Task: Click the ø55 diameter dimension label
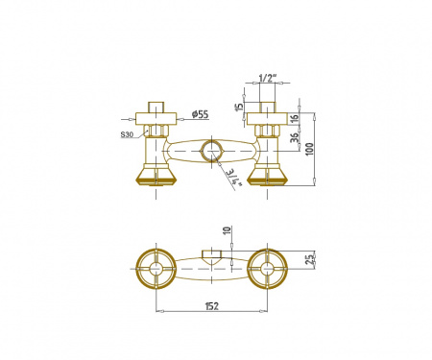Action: (x=200, y=114)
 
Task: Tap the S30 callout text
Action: (x=127, y=134)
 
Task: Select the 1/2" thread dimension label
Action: (x=267, y=78)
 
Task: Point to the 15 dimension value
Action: (x=239, y=107)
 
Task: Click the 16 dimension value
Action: (x=296, y=118)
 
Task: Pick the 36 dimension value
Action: (x=295, y=137)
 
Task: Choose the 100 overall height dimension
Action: (x=309, y=149)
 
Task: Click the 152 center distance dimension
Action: (x=211, y=306)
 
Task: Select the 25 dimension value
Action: (x=309, y=259)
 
